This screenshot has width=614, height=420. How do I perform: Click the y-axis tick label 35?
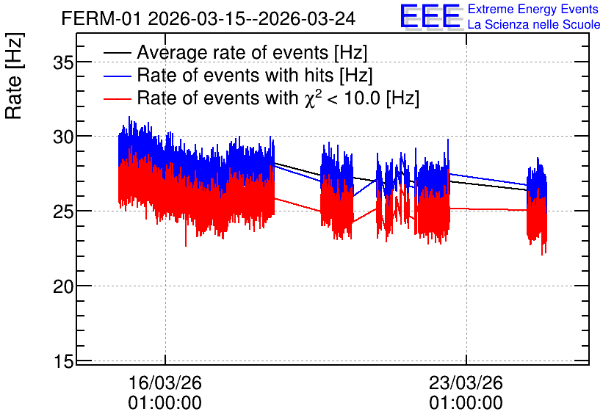(x=63, y=62)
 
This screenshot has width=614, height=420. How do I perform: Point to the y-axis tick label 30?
(x=63, y=137)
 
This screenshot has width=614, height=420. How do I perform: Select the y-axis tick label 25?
(x=63, y=211)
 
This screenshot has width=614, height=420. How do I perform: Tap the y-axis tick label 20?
(x=63, y=286)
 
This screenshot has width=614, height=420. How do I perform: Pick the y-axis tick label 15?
(x=63, y=361)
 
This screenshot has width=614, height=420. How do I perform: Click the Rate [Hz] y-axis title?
(x=15, y=76)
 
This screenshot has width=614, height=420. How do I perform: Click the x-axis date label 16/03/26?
(x=165, y=383)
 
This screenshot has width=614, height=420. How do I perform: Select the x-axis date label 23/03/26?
(x=466, y=383)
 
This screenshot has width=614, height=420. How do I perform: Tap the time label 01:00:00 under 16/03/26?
(x=165, y=403)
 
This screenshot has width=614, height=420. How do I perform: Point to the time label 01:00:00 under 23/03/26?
(x=466, y=403)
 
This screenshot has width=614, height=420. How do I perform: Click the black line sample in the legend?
(x=117, y=53)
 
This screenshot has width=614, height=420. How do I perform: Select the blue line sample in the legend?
(x=117, y=76)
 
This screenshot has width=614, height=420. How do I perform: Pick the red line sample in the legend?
(x=117, y=98)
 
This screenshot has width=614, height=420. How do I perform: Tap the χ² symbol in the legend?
(x=313, y=98)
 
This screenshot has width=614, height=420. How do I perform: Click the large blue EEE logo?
(x=431, y=16)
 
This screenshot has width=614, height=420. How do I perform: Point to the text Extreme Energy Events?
(x=533, y=9)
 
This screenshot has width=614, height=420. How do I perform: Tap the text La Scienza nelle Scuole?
(x=534, y=24)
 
